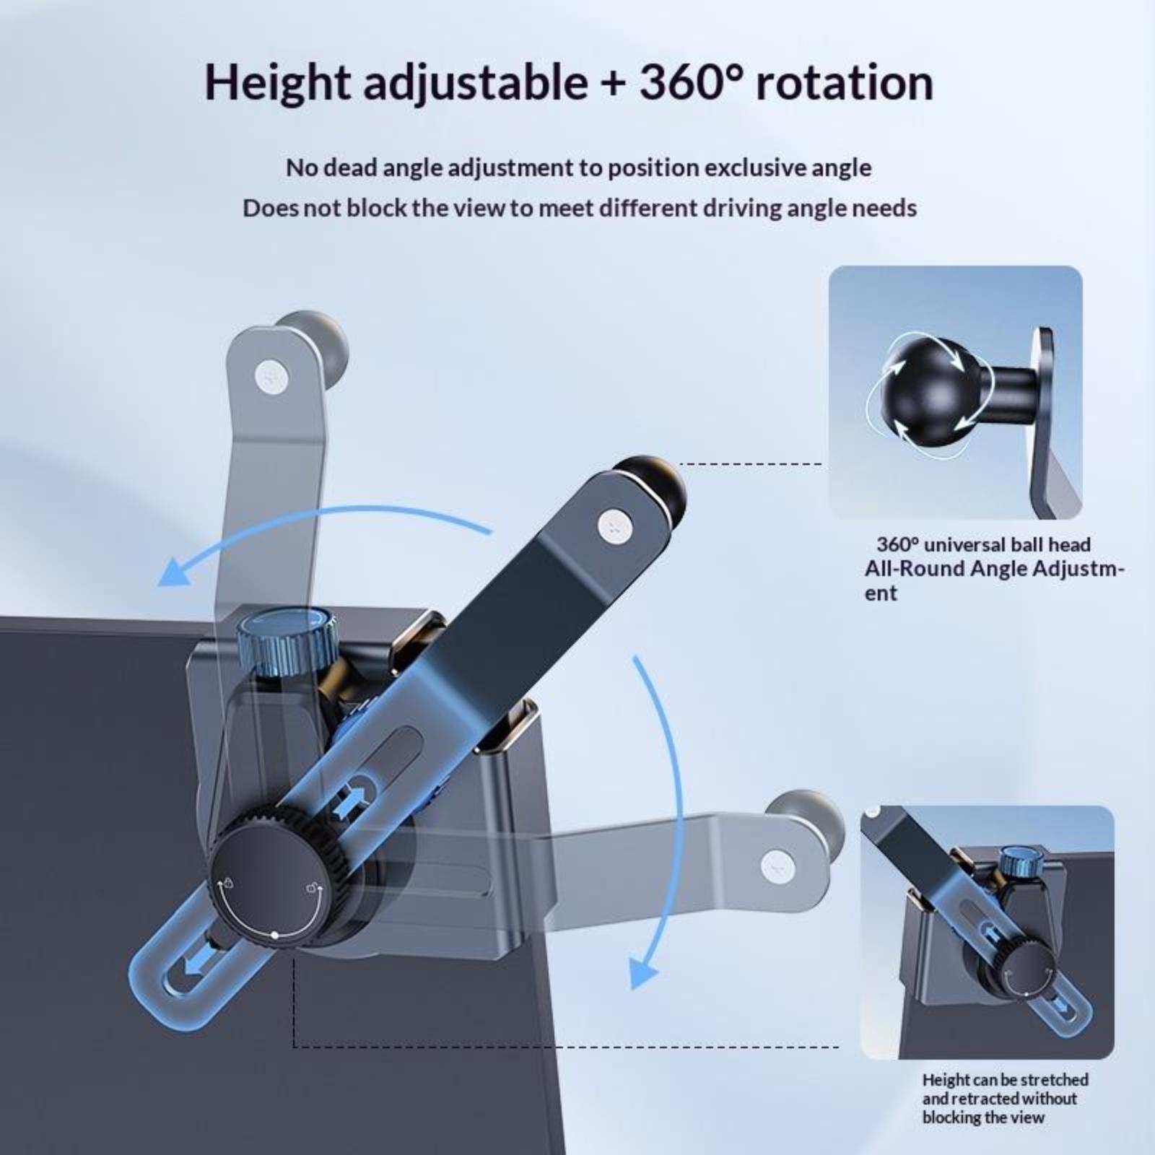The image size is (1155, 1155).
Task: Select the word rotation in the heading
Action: point(845,82)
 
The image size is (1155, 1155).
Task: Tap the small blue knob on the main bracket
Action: point(285,640)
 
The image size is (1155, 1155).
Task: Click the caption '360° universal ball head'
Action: point(983,544)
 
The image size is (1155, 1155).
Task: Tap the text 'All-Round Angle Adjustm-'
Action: point(995,569)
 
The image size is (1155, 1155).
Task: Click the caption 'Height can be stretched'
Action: point(1006,1080)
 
